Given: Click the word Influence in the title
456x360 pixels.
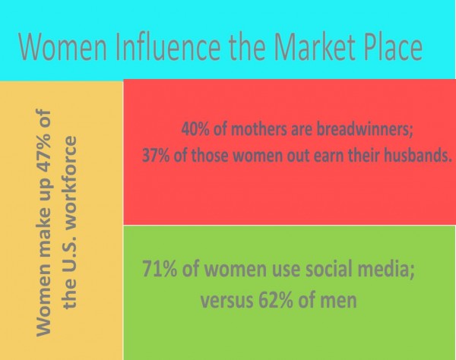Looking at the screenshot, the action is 169,46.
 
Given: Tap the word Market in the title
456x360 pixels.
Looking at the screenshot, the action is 315,46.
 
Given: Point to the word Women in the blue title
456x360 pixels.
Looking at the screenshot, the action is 62,46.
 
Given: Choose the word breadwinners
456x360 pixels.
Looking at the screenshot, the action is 365,129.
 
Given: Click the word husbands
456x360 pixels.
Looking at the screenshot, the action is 418,155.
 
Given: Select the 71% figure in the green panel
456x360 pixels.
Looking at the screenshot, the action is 160,268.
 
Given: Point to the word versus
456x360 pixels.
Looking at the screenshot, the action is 226,301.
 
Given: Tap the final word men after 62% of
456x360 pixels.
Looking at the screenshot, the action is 338,301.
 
